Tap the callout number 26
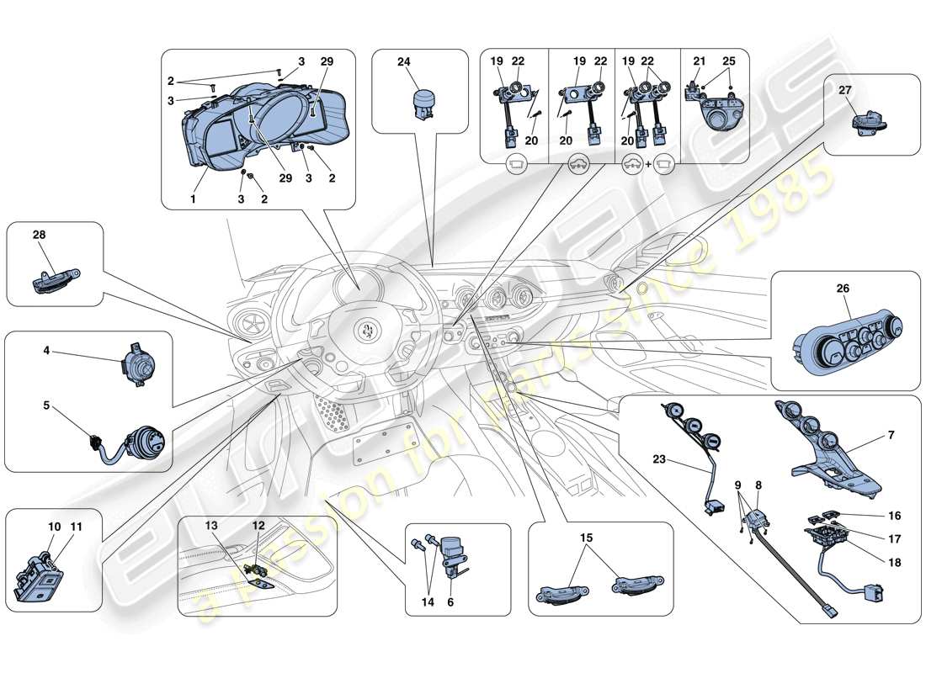click(x=843, y=289)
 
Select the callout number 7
click(x=891, y=436)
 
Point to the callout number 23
click(x=659, y=460)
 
